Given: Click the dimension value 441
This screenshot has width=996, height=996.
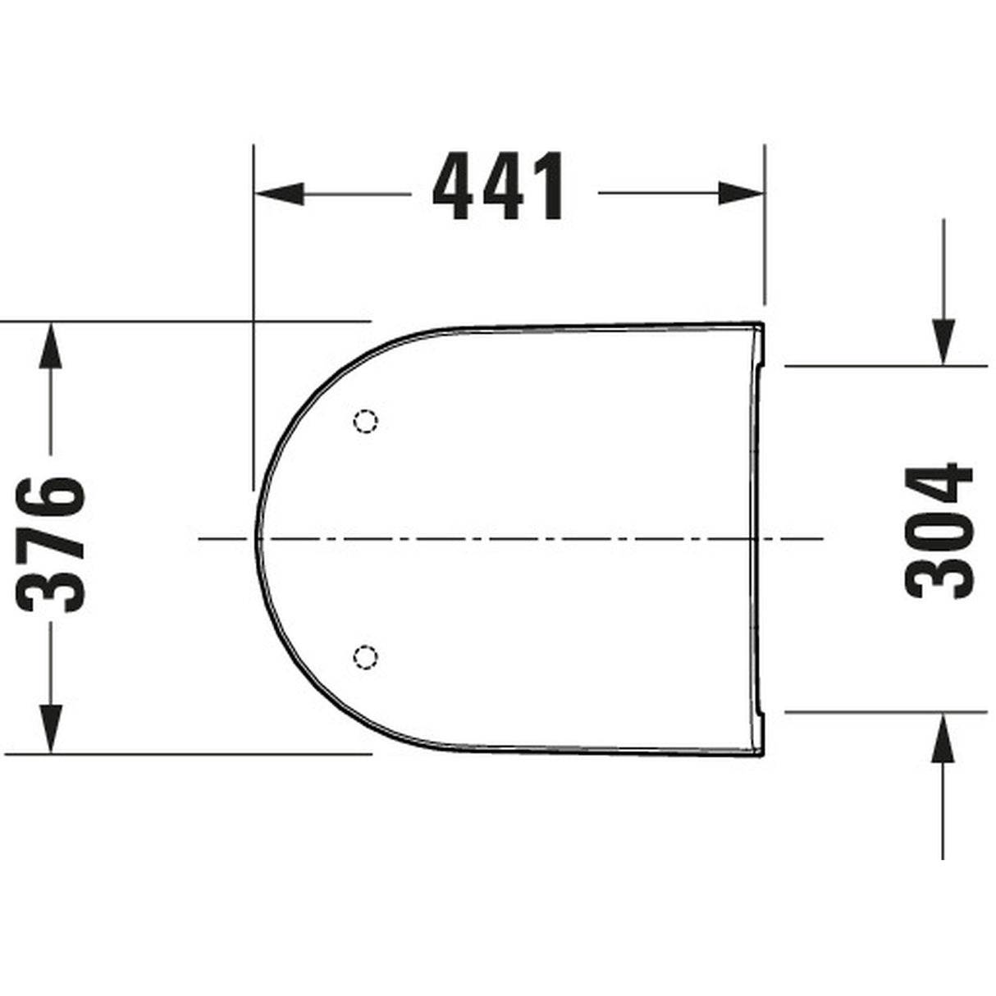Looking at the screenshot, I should pyautogui.click(x=499, y=187).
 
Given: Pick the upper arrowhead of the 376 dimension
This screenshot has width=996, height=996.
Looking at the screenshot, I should pyautogui.click(x=51, y=344).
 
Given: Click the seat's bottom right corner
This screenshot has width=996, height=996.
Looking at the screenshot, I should pyautogui.click(x=762, y=752).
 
